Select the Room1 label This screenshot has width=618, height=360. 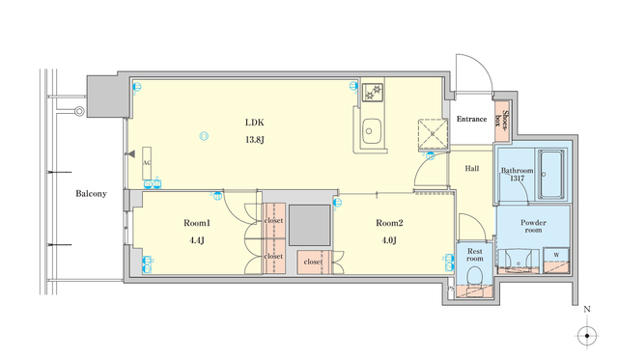coord(197,223)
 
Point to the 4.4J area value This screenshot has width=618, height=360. coord(197,240)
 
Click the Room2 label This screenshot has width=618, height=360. coord(388,223)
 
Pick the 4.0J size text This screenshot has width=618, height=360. coord(388,240)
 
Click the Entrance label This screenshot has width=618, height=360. coord(471,119)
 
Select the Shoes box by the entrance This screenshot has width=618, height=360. coord(502,120)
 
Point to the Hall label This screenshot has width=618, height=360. coord(472,169)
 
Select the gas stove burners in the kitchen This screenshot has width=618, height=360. coord(372,94)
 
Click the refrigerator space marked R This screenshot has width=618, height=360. coord(430,132)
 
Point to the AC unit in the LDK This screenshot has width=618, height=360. coord(146,164)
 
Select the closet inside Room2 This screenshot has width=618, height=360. coord(314,262)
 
